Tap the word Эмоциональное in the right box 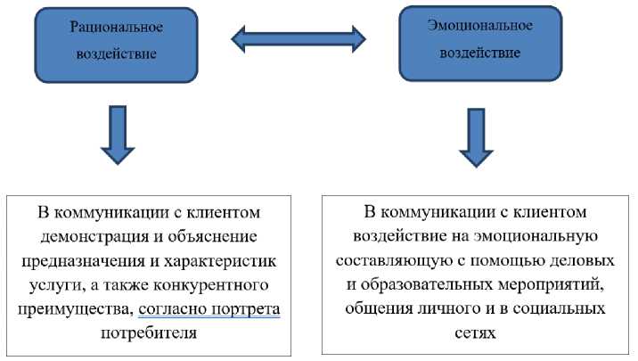(479, 25)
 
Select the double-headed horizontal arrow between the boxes (299, 37)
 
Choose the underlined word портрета (245, 310)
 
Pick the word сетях (475, 332)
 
